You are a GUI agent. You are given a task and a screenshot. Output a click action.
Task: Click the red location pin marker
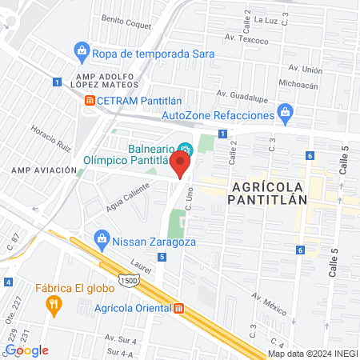pos(181,165)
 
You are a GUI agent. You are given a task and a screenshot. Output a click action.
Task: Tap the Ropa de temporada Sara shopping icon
pos(82,54)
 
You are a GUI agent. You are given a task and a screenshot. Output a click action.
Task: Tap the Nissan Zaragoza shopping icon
pos(102,238)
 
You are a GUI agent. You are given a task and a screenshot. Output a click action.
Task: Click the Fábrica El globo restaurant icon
pos(54,303)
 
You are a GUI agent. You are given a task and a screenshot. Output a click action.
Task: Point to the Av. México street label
pos(269,301)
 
